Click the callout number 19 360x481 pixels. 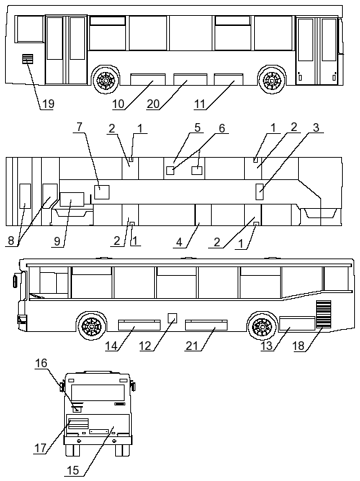click(48, 104)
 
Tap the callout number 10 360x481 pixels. click(118, 104)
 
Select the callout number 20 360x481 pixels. click(153, 104)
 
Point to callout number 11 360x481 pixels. click(199, 104)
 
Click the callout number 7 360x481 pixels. click(79, 127)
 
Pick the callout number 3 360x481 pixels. click(316, 127)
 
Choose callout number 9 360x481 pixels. click(58, 241)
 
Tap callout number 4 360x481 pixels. click(179, 243)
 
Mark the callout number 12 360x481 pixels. click(145, 346)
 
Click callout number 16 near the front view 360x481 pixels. click(41, 363)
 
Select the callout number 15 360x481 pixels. click(73, 470)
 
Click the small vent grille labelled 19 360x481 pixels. click(27, 58)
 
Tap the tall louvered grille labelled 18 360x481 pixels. click(324, 314)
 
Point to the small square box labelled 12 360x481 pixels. click(173, 318)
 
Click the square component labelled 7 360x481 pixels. click(102, 192)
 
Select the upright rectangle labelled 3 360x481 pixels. click(259, 192)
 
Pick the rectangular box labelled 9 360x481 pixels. click(72, 199)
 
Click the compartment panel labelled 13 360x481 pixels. click(297, 323)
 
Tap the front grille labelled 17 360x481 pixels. click(78, 423)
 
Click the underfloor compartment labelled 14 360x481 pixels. click(139, 325)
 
